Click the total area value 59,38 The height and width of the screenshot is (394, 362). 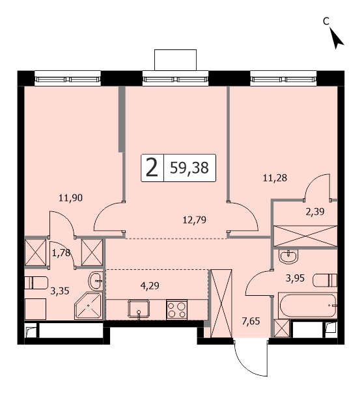click(189, 168)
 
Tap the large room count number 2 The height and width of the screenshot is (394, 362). click(152, 168)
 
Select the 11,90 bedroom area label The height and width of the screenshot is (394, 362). click(70, 198)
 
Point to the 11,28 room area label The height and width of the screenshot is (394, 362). click(275, 178)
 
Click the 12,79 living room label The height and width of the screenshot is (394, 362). click(195, 220)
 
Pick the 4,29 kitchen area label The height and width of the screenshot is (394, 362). click(150, 286)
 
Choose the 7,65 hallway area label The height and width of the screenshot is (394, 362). click(251, 321)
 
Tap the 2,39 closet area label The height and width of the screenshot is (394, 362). click(315, 212)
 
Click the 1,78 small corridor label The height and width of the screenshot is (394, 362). click(61, 253)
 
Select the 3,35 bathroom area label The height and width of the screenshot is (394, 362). click(60, 291)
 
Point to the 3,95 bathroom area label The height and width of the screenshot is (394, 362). click(296, 278)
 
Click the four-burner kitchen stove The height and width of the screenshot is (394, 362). click(176, 310)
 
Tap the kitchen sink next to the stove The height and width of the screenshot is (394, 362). click(139, 309)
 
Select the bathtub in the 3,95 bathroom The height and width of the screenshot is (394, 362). click(308, 306)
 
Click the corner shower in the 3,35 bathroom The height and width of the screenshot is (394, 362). click(89, 306)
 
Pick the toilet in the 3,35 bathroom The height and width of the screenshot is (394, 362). click(36, 283)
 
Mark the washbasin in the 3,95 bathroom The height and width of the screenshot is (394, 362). click(288, 257)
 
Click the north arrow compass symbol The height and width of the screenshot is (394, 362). click(336, 38)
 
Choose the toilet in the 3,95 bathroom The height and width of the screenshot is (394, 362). click(325, 280)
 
